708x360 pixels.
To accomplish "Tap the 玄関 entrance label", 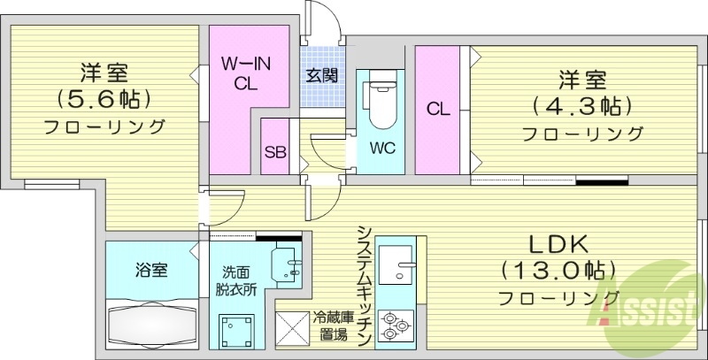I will [x=321, y=75].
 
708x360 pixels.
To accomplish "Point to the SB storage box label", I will [x=276, y=150].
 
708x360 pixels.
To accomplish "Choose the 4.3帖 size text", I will [x=581, y=106].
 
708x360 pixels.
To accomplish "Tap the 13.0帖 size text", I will [x=558, y=269].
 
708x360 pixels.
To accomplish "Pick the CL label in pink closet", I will [x=438, y=110].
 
